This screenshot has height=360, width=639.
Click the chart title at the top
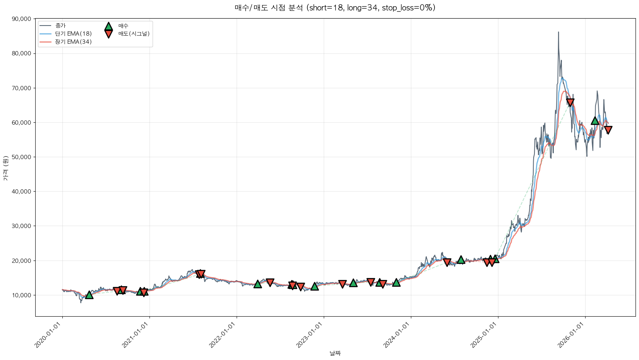pyautogui.click(x=335, y=8)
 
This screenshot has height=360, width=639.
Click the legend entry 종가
pyautogui.click(x=60, y=26)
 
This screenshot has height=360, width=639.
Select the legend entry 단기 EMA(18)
pyautogui.click(x=73, y=34)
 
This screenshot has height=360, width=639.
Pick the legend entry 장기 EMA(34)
pyautogui.click(x=73, y=42)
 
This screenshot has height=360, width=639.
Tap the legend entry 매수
pyautogui.click(x=123, y=26)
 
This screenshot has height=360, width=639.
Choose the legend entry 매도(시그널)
pyautogui.click(x=134, y=34)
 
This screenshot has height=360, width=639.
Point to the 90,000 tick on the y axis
pyautogui.click(x=22, y=19)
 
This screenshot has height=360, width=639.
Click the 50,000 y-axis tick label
pyautogui.click(x=22, y=157)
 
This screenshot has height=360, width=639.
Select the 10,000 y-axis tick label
pyautogui.click(x=22, y=295)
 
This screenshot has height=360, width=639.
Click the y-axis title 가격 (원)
pyautogui.click(x=5, y=168)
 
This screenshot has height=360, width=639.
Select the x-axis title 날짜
pyautogui.click(x=335, y=353)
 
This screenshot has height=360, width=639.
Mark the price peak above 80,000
pyautogui.click(x=558, y=32)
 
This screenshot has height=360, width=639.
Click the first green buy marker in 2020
pyautogui.click(x=89, y=295)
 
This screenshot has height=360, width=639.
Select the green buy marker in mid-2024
pyautogui.click(x=461, y=260)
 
